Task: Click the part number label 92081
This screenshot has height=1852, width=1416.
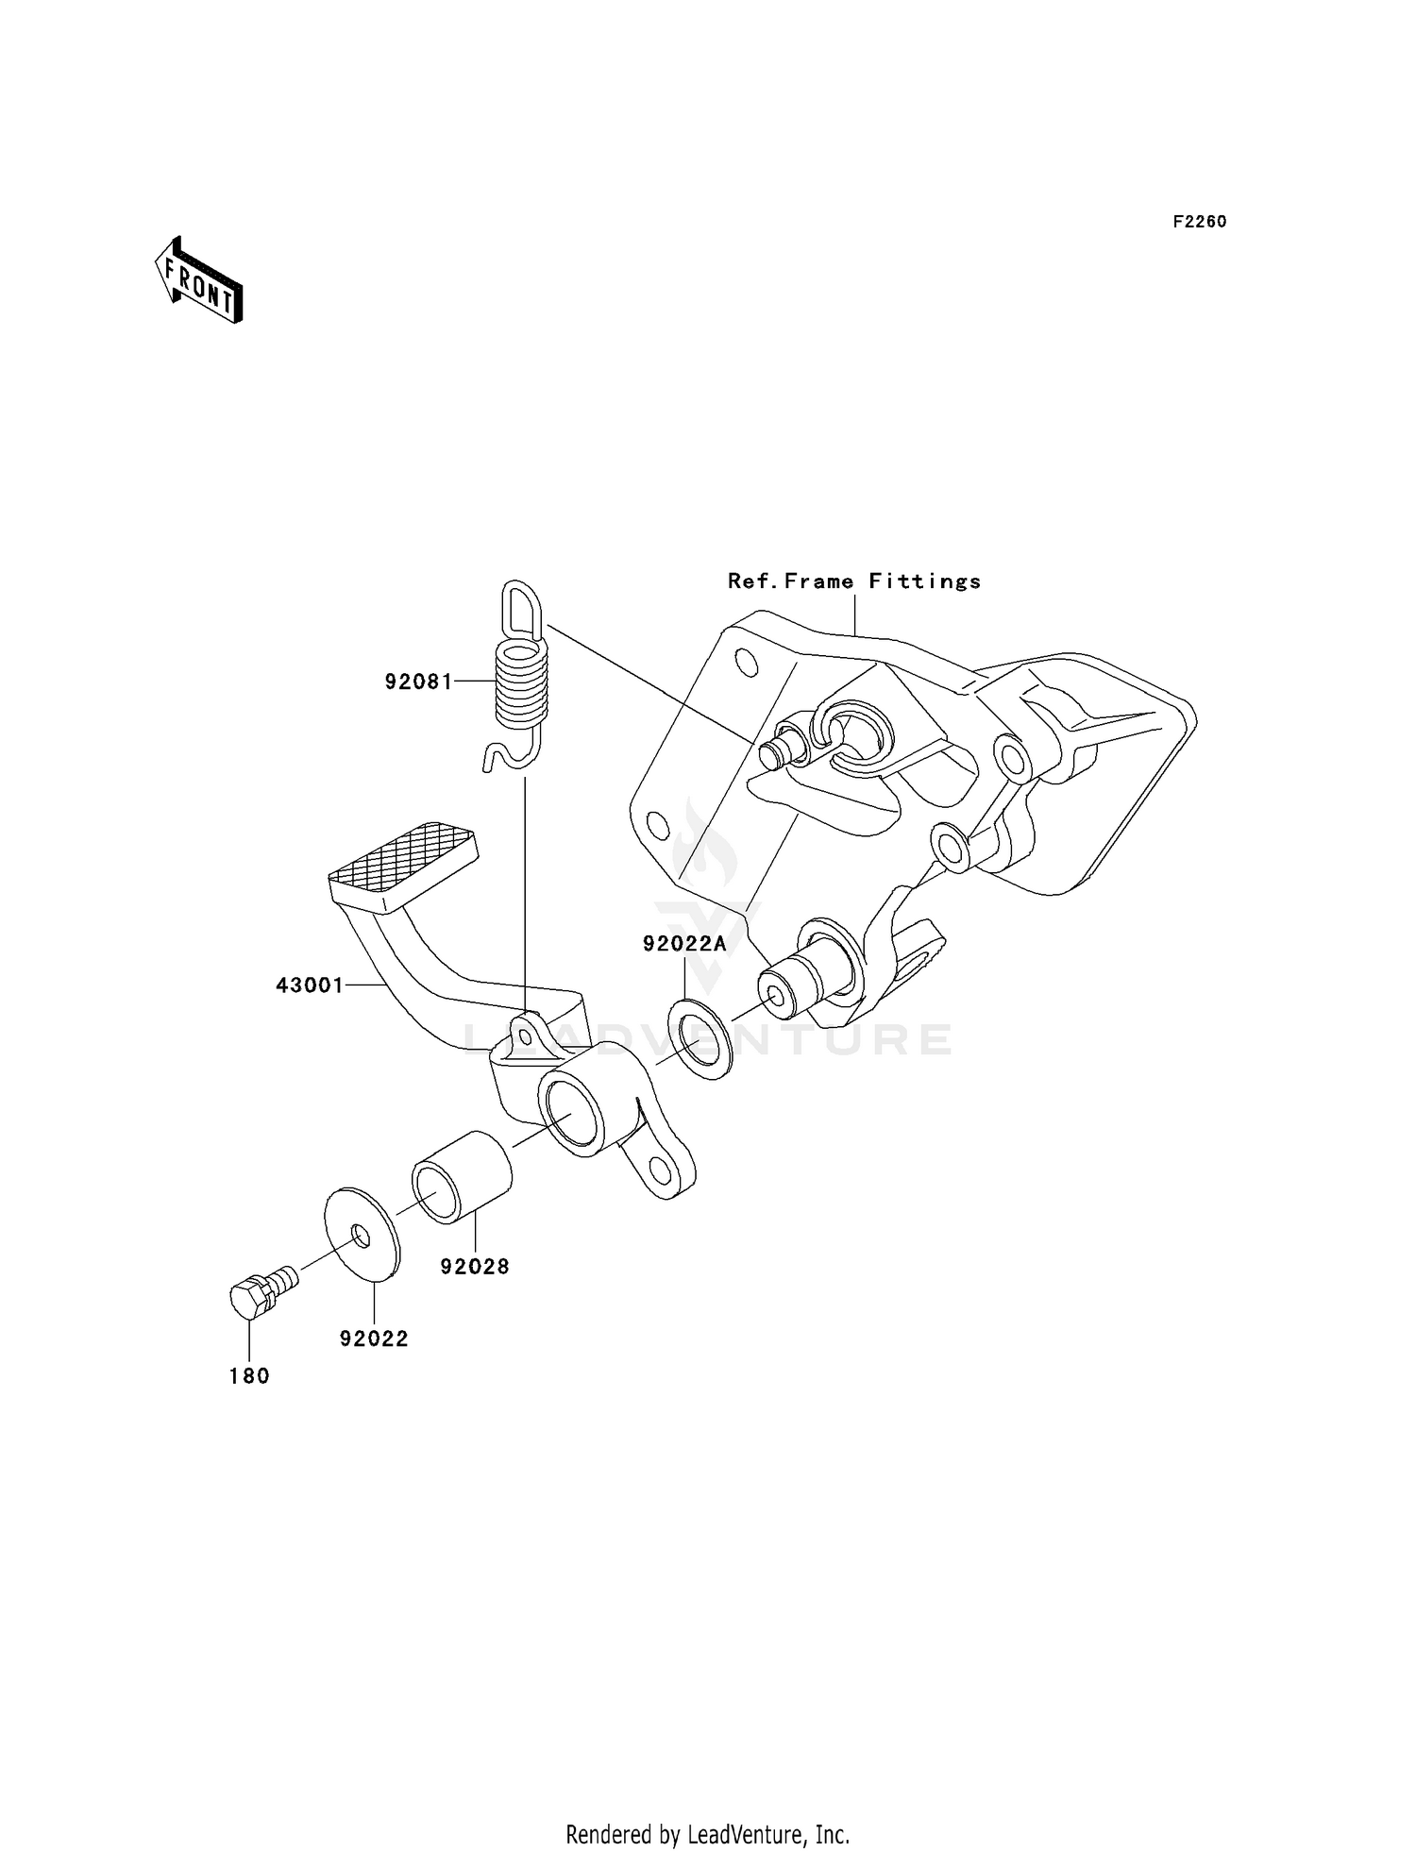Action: [418, 682]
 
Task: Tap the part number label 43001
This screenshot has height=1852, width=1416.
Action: [310, 985]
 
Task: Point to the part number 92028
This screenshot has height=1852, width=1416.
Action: [475, 1267]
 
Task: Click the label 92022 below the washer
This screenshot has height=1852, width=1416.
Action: [374, 1338]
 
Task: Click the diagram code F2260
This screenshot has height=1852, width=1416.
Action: [1200, 222]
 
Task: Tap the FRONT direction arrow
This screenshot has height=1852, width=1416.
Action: [199, 280]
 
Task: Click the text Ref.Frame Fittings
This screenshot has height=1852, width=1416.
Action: [854, 581]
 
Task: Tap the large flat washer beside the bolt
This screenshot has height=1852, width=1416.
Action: [362, 1234]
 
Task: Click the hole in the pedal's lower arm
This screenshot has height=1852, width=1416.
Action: [660, 1170]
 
